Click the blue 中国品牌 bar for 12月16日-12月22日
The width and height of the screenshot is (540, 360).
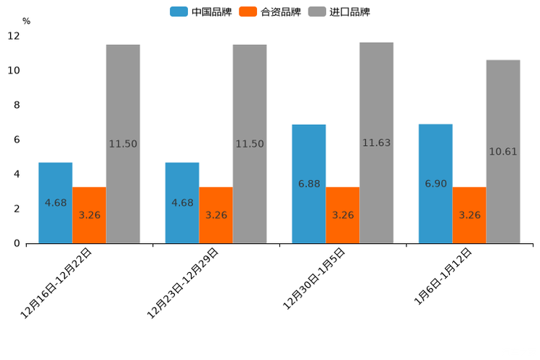click(55, 202)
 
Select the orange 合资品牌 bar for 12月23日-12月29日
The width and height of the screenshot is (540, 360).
click(216, 215)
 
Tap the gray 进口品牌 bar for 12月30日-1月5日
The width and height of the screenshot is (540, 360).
click(376, 143)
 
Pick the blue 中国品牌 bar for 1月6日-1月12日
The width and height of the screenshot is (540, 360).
click(435, 184)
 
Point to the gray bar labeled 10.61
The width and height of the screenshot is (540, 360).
click(503, 151)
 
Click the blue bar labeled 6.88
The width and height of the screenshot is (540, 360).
click(308, 184)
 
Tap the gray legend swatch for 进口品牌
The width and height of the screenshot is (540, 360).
click(316, 12)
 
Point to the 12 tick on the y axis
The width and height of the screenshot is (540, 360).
click(14, 36)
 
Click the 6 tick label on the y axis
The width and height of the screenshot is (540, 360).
click(17, 139)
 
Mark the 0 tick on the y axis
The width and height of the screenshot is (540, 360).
click(17, 243)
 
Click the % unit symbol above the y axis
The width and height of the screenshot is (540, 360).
click(26, 21)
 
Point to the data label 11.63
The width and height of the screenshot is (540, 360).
click(376, 143)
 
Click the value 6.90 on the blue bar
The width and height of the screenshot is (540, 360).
click(435, 184)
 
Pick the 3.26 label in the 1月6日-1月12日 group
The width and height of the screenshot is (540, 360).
click(470, 215)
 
